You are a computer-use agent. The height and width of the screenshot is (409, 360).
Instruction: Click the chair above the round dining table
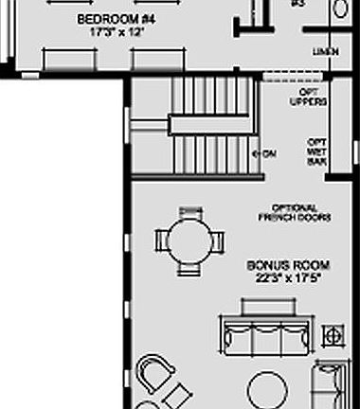tap(190, 212)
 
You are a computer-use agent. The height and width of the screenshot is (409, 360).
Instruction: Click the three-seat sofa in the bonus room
tap(268, 335)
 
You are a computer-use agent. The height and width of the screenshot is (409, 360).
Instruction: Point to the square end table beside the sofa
tap(333, 334)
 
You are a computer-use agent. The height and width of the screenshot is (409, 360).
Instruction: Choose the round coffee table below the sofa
tap(268, 389)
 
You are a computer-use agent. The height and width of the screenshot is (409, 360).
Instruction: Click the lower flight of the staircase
tap(213, 151)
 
